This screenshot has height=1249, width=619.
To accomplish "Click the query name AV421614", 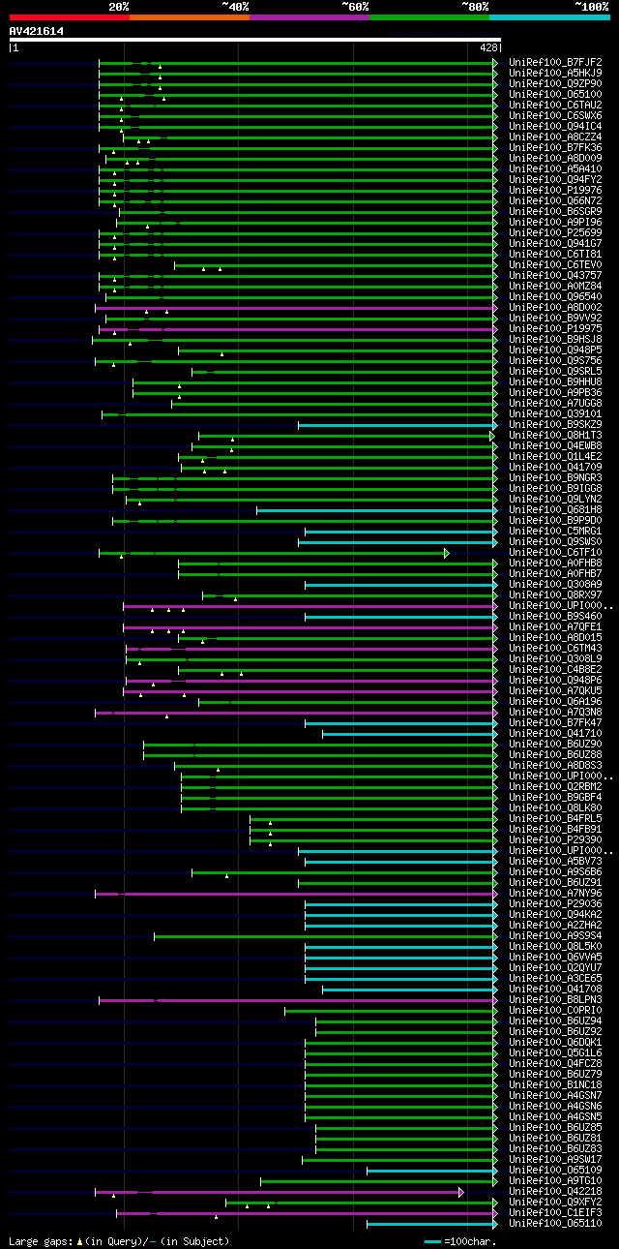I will click(37, 31).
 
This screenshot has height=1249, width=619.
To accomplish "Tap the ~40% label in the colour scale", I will click(235, 7).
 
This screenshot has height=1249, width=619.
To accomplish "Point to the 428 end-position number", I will click(487, 46).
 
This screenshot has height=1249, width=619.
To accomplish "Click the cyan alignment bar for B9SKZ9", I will click(397, 424).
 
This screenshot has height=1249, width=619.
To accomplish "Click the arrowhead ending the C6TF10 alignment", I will click(447, 552).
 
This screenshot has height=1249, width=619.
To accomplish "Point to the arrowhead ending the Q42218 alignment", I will click(461, 1191).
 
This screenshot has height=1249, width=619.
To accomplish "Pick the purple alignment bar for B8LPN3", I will click(290, 999).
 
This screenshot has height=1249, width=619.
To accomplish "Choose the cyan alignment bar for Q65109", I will click(429, 1170).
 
